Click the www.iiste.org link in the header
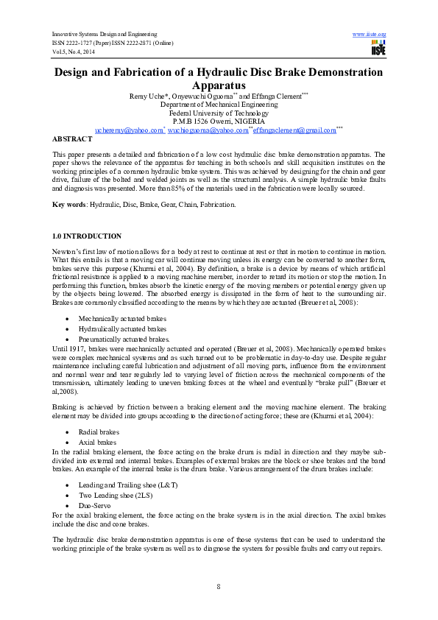(x=370, y=35)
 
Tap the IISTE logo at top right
(x=378, y=49)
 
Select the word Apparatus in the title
(x=219, y=85)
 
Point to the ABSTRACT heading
(x=72, y=138)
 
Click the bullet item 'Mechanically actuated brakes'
(x=121, y=319)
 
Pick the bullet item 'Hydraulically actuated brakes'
(x=122, y=328)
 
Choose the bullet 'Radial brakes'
(x=100, y=433)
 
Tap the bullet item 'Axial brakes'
(x=99, y=443)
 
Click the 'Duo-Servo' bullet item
(x=96, y=507)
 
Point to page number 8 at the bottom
(x=219, y=585)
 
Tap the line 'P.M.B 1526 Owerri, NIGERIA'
(x=219, y=121)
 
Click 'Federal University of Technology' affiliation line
(x=219, y=113)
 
